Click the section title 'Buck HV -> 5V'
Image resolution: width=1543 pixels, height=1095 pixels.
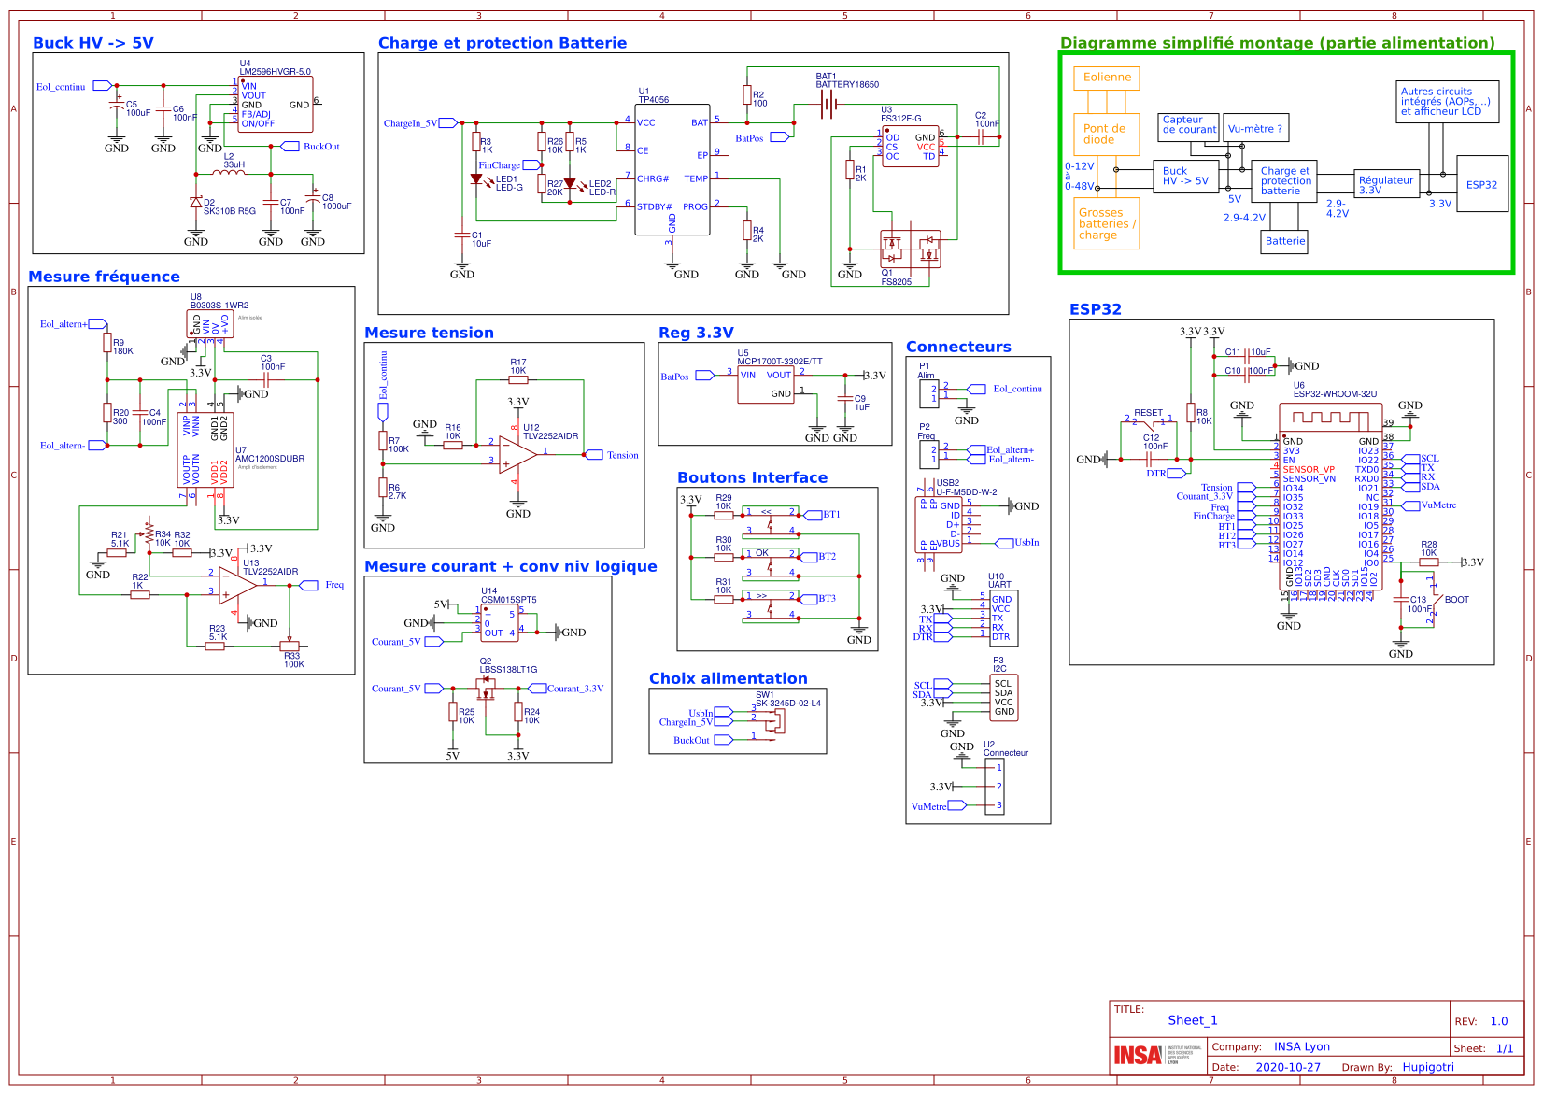click(x=92, y=43)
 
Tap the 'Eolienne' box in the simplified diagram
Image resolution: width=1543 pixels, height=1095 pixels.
click(x=1107, y=78)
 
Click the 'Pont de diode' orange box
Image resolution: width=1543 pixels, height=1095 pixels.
click(x=1106, y=135)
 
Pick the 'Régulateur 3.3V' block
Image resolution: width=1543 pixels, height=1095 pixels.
click(x=1386, y=184)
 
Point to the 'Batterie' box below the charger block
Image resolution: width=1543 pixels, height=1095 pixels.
click(x=1285, y=241)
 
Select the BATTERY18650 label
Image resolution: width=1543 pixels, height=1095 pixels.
click(x=847, y=84)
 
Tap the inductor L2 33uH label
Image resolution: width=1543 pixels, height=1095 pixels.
click(x=233, y=161)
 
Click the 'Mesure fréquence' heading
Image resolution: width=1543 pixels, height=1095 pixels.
click(x=104, y=277)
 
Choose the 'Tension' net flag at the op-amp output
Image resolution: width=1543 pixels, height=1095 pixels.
click(x=622, y=455)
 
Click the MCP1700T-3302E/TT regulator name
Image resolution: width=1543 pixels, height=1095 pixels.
click(x=780, y=361)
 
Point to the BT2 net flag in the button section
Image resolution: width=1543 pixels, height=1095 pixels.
click(x=827, y=556)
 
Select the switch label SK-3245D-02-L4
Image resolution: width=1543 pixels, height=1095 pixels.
click(x=787, y=703)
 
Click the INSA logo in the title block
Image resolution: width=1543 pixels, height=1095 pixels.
click(x=1138, y=1055)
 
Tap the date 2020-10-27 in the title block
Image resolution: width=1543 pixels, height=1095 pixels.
click(x=1287, y=1067)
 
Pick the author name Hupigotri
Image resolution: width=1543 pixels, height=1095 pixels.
click(x=1427, y=1067)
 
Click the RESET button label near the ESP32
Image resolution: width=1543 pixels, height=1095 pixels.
click(x=1148, y=412)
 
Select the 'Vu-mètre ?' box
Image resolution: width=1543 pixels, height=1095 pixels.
click(x=1255, y=129)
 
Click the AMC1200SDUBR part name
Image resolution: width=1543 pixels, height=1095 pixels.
click(x=269, y=459)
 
